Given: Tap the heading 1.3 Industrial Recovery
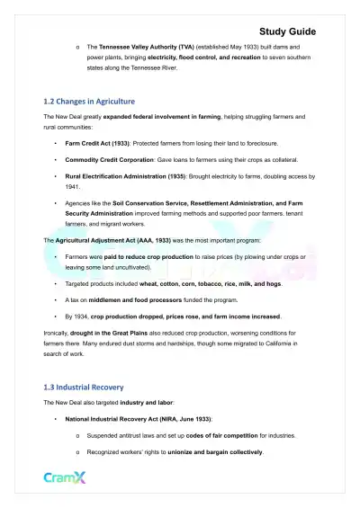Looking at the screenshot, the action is pyautogui.click(x=84, y=388).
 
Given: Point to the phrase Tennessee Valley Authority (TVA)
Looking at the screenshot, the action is pyautogui.click(x=148, y=45).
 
